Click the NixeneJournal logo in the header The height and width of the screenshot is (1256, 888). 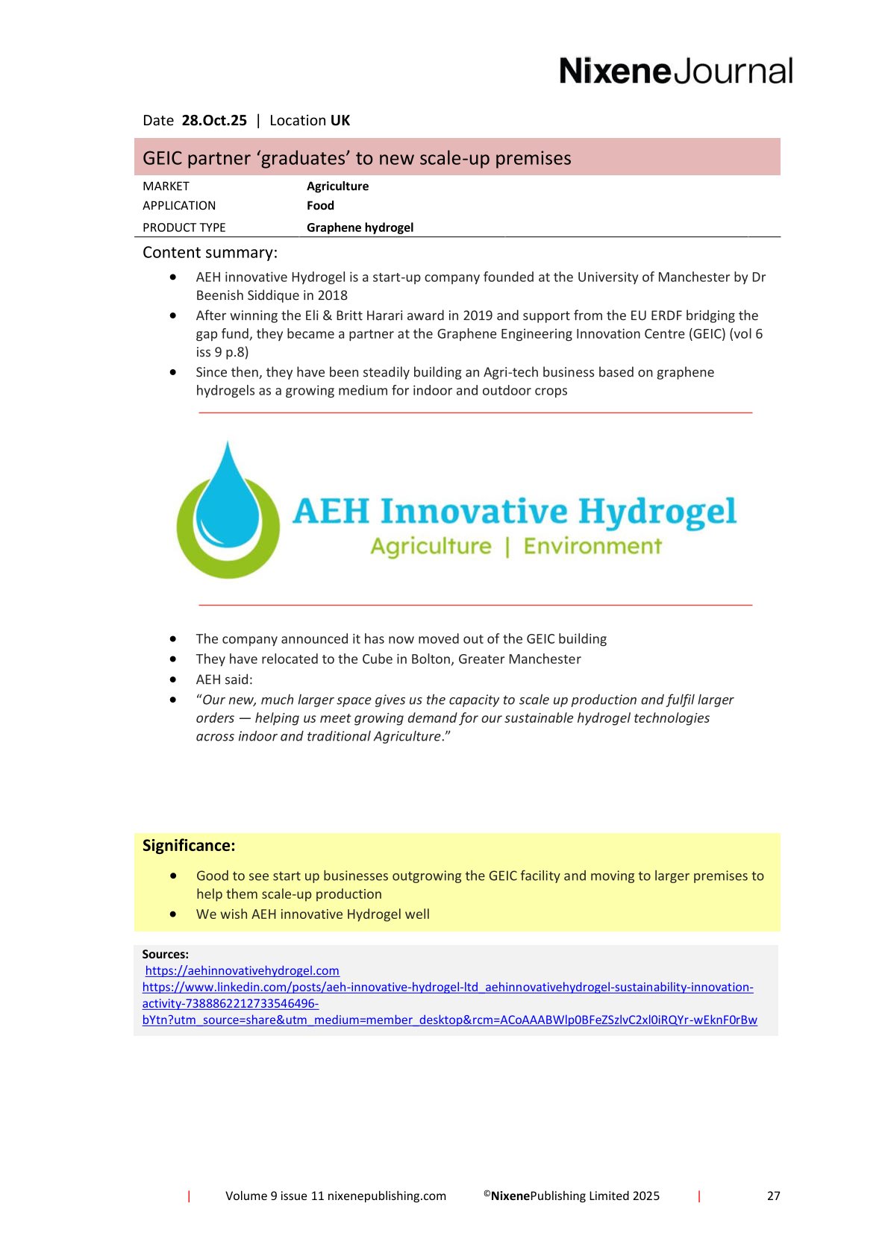675,72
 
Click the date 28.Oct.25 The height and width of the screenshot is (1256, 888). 214,121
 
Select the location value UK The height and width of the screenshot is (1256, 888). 340,121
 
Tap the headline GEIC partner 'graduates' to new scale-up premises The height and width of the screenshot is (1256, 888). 357,158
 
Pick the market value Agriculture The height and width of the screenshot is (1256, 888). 337,186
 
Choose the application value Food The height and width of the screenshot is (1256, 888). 320,206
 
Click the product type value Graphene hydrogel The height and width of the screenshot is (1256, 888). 360,227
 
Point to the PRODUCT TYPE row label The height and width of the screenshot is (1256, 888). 184,227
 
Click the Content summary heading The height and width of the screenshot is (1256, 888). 210,253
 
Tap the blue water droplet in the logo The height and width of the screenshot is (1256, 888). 228,496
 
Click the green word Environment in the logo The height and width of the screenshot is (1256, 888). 592,547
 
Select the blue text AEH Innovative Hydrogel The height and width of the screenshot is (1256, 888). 514,512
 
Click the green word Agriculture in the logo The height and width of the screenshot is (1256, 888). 431,547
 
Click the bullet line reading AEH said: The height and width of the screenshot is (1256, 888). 224,679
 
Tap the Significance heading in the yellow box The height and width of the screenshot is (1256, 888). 189,846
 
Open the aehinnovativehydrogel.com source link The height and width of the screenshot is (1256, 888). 242,970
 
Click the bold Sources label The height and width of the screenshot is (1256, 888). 165,954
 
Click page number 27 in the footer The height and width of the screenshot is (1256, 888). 773,1196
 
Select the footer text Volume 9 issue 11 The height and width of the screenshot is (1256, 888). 275,1196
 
